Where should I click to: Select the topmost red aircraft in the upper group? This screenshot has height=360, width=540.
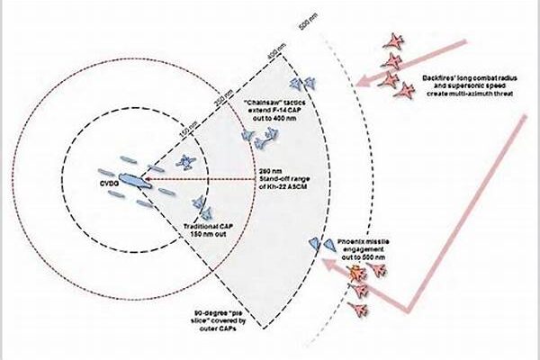pos(394,40)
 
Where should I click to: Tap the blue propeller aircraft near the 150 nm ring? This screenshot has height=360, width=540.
pos(186,162)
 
